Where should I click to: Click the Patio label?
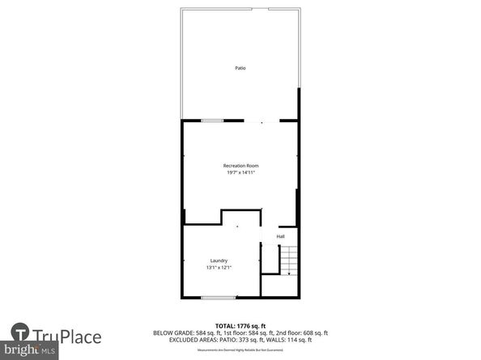[x=240, y=68]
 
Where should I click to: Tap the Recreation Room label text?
[x=240, y=166]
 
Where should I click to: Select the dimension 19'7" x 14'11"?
[x=240, y=172]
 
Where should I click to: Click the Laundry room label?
[x=219, y=260]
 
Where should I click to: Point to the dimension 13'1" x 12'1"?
[x=219, y=268]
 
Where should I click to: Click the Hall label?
[x=280, y=236]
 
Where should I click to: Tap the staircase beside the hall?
[x=289, y=260]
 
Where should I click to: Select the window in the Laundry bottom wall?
[x=218, y=297]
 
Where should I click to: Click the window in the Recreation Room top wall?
[x=212, y=121]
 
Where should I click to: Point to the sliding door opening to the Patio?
[x=261, y=121]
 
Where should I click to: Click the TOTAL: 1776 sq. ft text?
[x=240, y=326]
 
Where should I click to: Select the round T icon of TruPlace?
[x=22, y=335]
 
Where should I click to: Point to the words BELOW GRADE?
[x=173, y=332]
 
